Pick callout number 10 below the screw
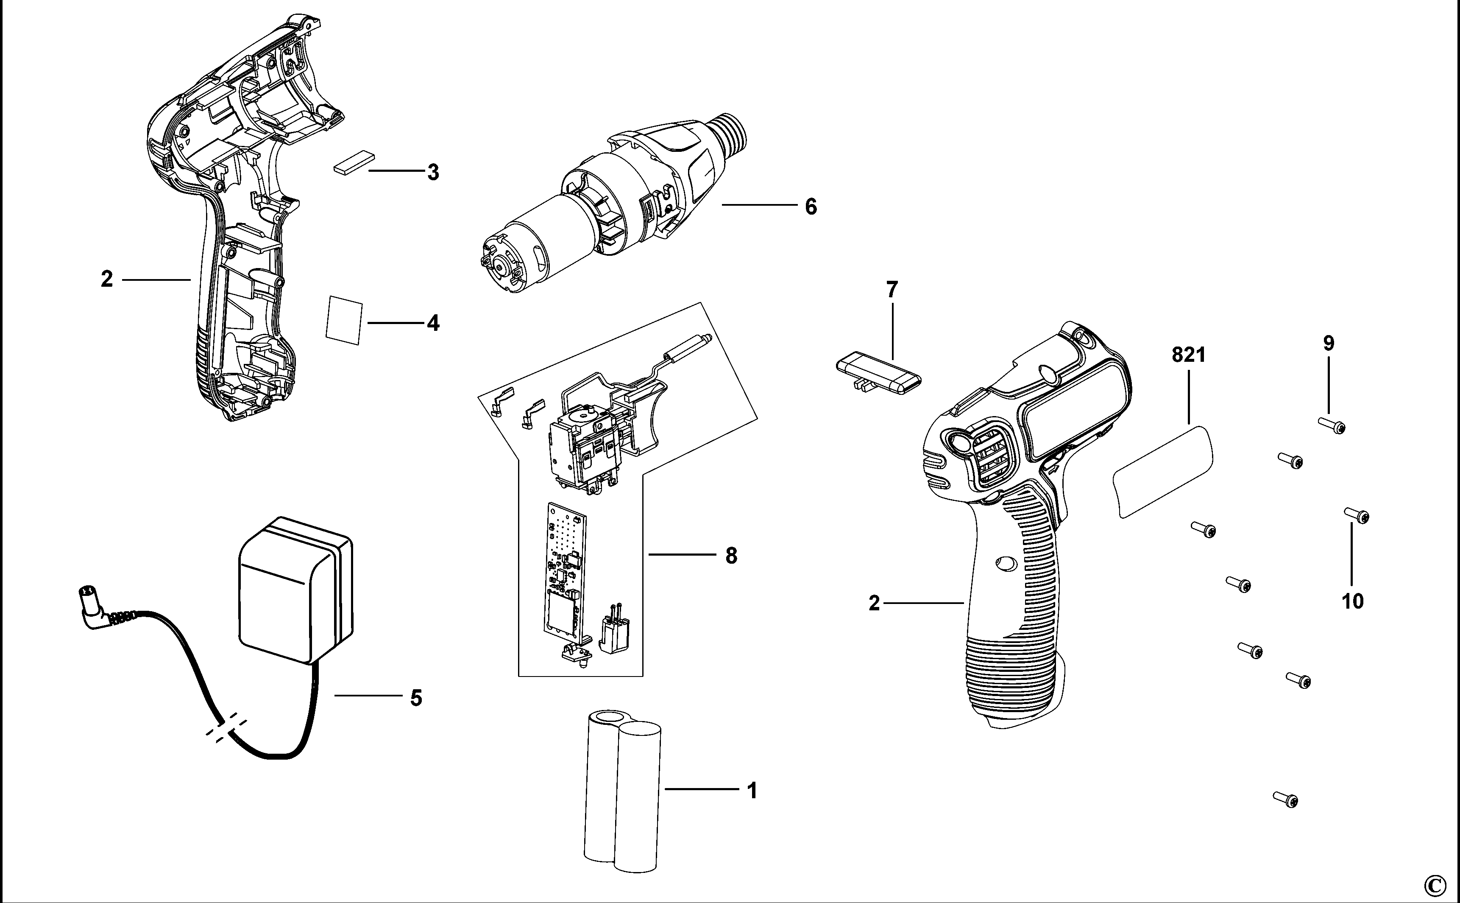coord(1353,601)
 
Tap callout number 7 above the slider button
coord(892,290)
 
